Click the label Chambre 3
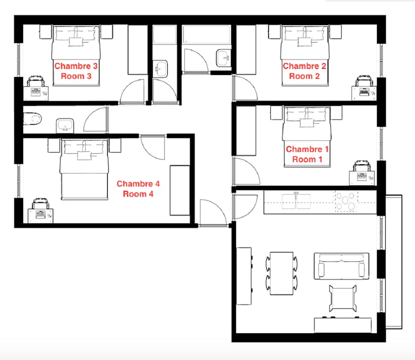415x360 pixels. pos(76,66)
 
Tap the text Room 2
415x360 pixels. pos(304,77)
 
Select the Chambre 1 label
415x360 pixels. pos(307,149)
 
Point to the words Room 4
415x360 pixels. pos(138,194)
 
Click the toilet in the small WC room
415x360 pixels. pos(32,119)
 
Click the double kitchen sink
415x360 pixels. pos(296,201)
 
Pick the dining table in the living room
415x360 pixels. pos(282,273)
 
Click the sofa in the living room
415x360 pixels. pos(342,266)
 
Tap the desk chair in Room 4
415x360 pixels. pos(41,203)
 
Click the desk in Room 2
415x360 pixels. pos(364,93)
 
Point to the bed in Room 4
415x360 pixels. pos(85,169)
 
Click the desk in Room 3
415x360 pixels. pos(36,93)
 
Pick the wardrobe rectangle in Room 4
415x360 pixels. pos(180,190)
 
